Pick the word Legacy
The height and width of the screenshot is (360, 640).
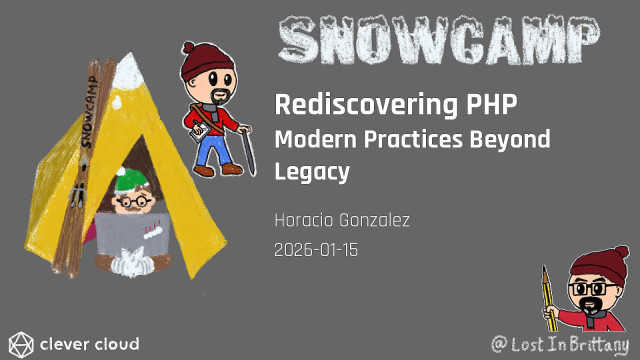pyautogui.click(x=311, y=172)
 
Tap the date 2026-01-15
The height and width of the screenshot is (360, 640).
pyautogui.click(x=316, y=250)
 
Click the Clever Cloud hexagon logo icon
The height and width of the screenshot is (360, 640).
pyautogui.click(x=19, y=344)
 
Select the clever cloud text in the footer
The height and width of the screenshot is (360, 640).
pyautogui.click(x=89, y=345)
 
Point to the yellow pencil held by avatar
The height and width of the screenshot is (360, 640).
pyautogui.click(x=547, y=295)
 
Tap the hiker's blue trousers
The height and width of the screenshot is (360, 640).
pyautogui.click(x=215, y=148)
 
